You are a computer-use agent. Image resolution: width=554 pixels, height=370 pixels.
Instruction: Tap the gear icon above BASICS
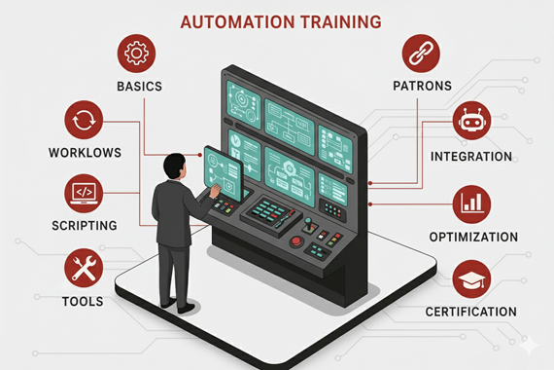137,54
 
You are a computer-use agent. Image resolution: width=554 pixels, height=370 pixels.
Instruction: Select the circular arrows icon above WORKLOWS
83,121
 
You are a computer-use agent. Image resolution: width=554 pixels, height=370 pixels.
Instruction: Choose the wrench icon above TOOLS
83,267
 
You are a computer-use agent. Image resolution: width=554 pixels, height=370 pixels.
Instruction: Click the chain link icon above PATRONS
420,54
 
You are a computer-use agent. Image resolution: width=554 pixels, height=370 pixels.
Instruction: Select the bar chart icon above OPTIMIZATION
471,203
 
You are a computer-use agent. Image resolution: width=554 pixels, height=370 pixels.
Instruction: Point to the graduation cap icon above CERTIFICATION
471,279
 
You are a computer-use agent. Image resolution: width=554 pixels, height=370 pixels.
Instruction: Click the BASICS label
139,87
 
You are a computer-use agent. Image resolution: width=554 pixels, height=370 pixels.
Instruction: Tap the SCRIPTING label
84,226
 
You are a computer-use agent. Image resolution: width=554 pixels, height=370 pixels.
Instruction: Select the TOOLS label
83,301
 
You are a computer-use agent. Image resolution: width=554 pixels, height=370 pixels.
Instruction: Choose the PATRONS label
422,86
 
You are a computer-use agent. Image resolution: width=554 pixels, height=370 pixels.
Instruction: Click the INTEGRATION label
471,156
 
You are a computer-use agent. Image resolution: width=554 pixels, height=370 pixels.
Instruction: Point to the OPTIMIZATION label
473,237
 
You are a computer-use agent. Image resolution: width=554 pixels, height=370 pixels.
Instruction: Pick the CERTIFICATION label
471,312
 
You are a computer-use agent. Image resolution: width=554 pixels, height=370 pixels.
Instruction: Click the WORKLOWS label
85,153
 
